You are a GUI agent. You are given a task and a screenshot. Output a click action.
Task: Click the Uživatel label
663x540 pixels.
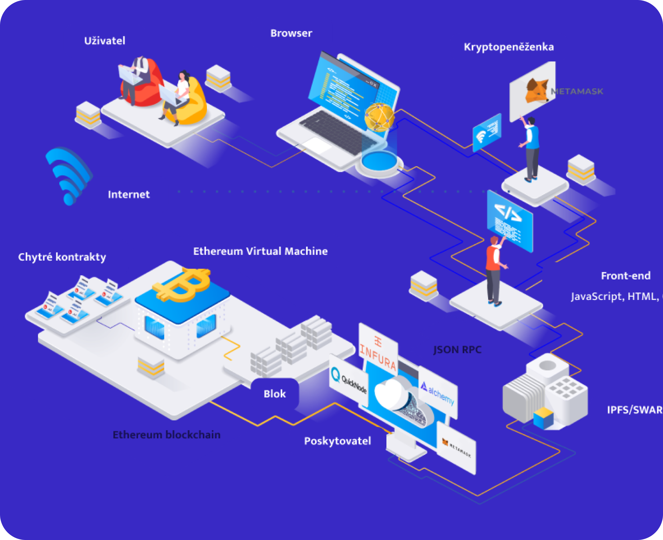[105, 41]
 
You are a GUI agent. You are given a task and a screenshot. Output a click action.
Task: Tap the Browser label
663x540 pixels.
[291, 33]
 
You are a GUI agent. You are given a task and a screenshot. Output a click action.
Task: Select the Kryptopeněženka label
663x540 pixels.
[509, 47]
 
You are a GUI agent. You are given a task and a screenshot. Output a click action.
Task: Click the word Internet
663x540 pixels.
[129, 195]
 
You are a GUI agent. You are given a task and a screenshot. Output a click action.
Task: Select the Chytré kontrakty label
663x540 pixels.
[62, 257]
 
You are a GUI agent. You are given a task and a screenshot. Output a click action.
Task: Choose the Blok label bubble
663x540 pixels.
[274, 394]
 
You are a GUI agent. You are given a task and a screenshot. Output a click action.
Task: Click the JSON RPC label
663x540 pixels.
[457, 350]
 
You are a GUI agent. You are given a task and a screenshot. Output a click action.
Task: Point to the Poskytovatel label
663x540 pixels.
[337, 441]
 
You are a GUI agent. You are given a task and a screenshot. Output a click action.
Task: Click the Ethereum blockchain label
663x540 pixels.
[167, 435]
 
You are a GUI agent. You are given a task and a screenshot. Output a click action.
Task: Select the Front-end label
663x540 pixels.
[626, 276]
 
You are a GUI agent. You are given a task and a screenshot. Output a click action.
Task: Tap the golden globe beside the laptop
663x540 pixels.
[379, 117]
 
